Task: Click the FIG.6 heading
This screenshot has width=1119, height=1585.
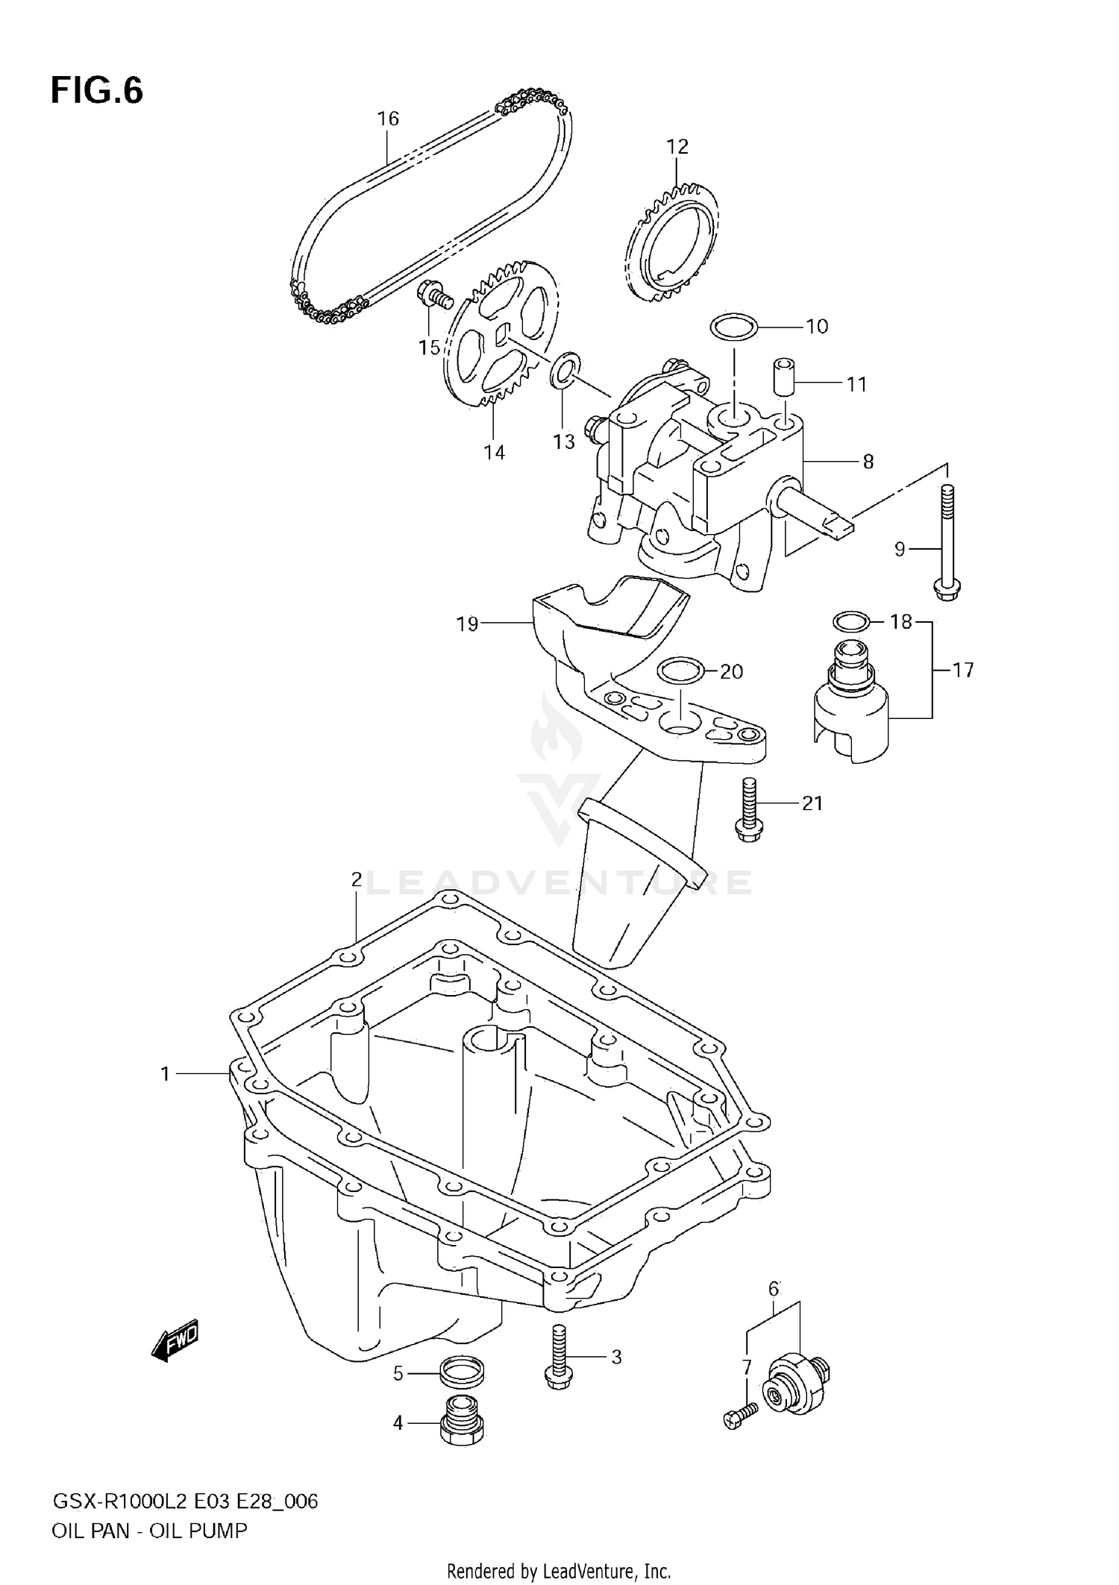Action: tap(97, 90)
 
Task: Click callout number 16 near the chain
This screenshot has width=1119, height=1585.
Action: tap(388, 119)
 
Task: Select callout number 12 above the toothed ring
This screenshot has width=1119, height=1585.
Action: tap(677, 146)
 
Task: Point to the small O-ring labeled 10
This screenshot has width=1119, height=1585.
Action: tap(733, 326)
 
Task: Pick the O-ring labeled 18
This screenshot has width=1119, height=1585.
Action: tap(850, 621)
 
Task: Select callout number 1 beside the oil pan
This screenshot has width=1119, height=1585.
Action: tap(166, 1073)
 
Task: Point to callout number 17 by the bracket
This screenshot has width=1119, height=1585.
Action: tap(963, 671)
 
